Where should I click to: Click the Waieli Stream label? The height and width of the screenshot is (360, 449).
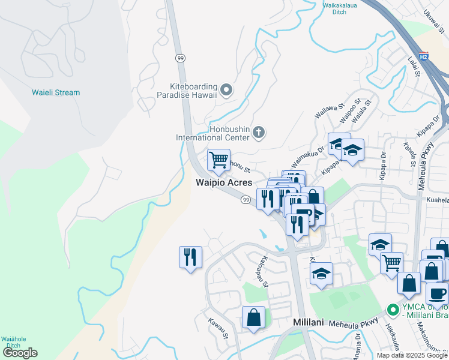[56, 92]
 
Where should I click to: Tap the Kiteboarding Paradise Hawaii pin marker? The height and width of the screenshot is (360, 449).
[226, 91]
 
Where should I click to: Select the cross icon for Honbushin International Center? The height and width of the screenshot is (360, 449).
[259, 132]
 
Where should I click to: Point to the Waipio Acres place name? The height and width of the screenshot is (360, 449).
[223, 183]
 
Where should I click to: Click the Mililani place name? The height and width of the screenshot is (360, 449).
[309, 322]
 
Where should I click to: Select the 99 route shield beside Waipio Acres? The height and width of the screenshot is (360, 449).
[246, 199]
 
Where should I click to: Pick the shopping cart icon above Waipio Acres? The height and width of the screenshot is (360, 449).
[218, 160]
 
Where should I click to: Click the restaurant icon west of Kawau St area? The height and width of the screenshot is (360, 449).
[190, 257]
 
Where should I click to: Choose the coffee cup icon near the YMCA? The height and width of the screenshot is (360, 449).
[438, 293]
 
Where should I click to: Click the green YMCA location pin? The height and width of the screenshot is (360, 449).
[393, 310]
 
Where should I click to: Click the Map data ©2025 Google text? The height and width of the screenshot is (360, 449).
[411, 355]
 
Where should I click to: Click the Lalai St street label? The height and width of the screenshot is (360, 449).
[413, 68]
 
